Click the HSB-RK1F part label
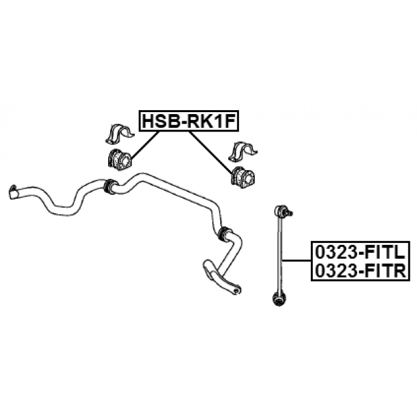click(x=189, y=121)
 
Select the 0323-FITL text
click(x=360, y=252)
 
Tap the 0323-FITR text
click(x=360, y=271)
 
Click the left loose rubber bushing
click(x=120, y=158)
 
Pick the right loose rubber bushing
click(x=242, y=177)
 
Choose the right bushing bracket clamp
click(x=242, y=151)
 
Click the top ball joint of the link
click(x=280, y=210)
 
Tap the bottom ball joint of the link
click(x=279, y=299)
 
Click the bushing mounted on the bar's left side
click(x=110, y=187)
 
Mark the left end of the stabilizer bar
click(x=12, y=192)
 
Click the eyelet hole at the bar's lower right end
click(x=235, y=291)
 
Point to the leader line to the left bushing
click(x=145, y=145)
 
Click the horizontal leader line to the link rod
click(x=296, y=261)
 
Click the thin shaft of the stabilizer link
click(x=280, y=254)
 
